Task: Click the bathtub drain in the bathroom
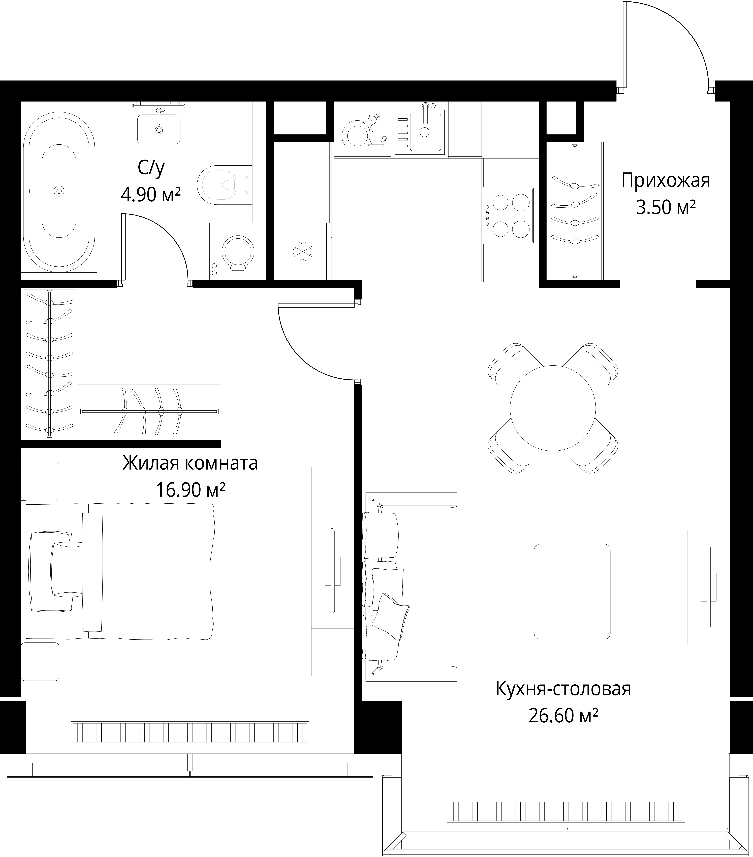tap(59, 191)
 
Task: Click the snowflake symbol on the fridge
tap(300, 252)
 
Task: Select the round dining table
tap(553, 408)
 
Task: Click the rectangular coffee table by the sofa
tap(572, 592)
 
